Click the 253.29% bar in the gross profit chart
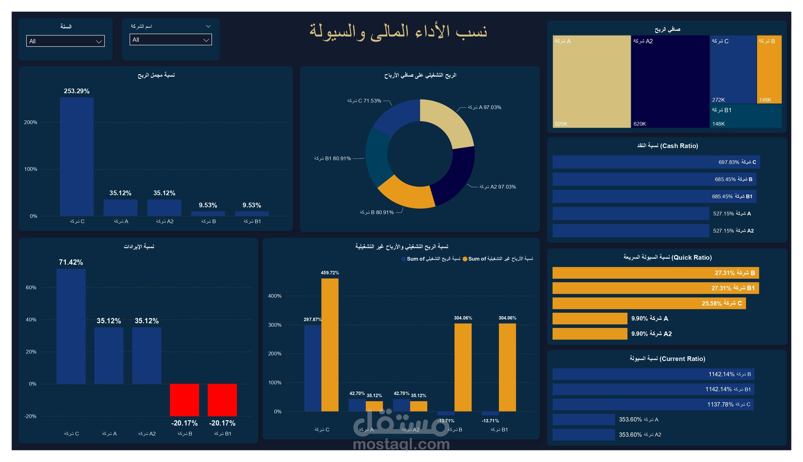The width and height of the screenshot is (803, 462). (76, 156)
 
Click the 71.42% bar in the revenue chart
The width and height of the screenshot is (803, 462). (71, 326)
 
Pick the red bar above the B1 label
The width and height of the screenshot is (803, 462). (222, 400)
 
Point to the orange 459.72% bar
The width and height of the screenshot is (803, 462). (330, 344)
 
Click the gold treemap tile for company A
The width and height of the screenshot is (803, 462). (592, 81)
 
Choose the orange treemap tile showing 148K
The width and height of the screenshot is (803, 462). (769, 69)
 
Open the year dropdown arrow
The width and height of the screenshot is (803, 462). (99, 41)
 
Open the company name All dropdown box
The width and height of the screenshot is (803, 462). (171, 40)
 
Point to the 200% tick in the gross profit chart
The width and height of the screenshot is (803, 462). (31, 123)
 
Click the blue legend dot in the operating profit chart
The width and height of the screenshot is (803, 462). (404, 259)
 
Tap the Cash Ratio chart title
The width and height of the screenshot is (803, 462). (667, 146)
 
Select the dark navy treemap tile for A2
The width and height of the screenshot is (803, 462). (670, 81)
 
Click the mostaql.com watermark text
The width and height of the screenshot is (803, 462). (401, 444)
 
